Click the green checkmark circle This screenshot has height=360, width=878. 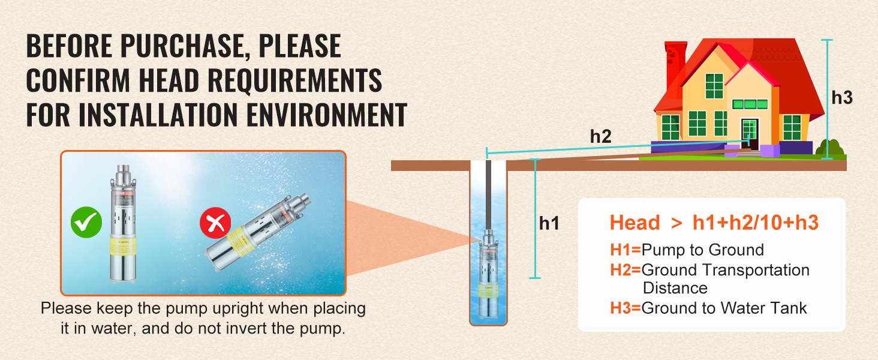[86, 222]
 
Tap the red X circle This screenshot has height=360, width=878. [215, 223]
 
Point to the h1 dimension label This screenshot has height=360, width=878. [549, 223]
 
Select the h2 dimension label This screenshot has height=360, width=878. [600, 136]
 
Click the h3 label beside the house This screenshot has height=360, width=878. [842, 98]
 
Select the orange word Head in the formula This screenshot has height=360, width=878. [635, 223]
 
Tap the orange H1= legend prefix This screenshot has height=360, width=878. [625, 250]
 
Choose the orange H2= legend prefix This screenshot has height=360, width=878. [625, 270]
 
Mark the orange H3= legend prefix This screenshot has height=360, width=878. [625, 308]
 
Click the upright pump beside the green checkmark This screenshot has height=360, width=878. [123, 224]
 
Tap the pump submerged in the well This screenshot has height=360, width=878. [488, 274]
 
